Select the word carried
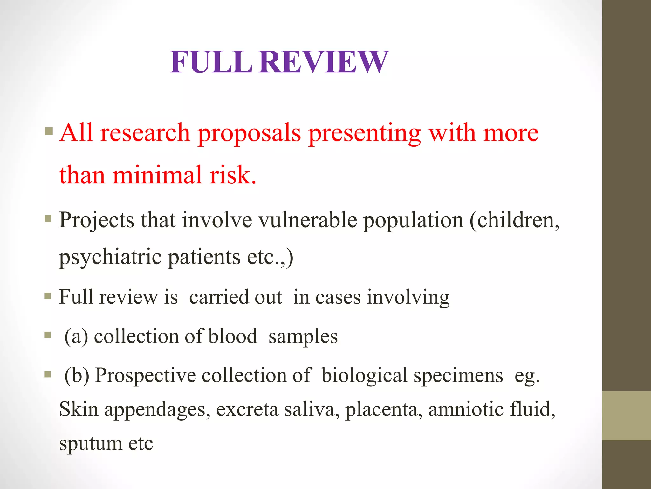pyautogui.click(x=235, y=297)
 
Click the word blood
pyautogui.click(x=233, y=336)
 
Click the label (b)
pyautogui.click(x=77, y=376)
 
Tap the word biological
pyautogui.click(x=364, y=376)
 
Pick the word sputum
pyautogui.click(x=91, y=443)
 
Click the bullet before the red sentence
pyautogui.click(x=49, y=131)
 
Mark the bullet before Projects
pyautogui.click(x=48, y=219)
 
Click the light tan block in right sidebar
pyautogui.click(x=626, y=415)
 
